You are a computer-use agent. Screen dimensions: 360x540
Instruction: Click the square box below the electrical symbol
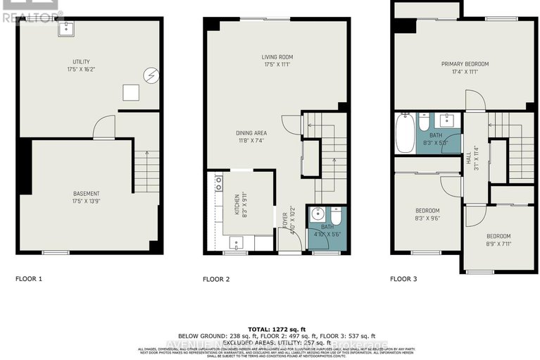[x=130, y=92]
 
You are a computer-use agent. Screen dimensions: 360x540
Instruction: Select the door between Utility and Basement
[x=103, y=128]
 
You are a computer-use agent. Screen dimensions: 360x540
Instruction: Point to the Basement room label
[x=87, y=194]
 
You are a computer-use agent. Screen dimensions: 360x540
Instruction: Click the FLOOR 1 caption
[x=29, y=279]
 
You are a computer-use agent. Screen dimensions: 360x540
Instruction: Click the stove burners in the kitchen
[x=218, y=185]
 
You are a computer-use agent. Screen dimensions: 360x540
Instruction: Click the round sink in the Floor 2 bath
[x=318, y=214]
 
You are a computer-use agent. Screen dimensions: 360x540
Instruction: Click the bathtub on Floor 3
[x=406, y=133]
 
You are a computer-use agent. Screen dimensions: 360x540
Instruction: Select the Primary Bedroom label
[x=465, y=64]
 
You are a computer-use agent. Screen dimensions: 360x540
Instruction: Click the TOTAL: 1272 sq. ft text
[x=270, y=328]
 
